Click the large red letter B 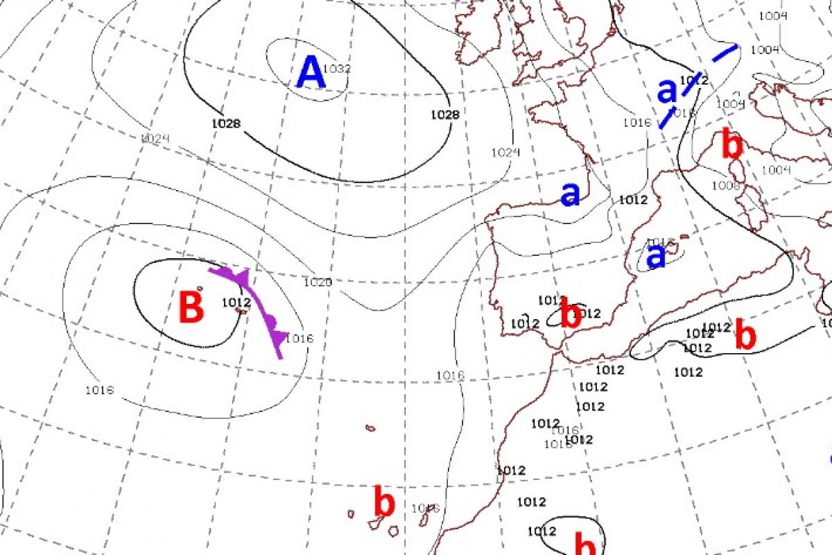pyautogui.click(x=191, y=307)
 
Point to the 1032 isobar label pyautogui.click(x=338, y=69)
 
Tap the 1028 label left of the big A pyautogui.click(x=227, y=123)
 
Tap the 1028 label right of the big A pyautogui.click(x=444, y=114)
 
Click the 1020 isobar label pyautogui.click(x=318, y=282)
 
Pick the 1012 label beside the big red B pyautogui.click(x=236, y=302)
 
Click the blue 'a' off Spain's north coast pyautogui.click(x=570, y=195)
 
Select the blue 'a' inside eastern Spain pyautogui.click(x=655, y=256)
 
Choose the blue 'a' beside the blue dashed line pyautogui.click(x=666, y=90)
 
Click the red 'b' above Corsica pyautogui.click(x=732, y=145)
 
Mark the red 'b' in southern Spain pyautogui.click(x=570, y=315)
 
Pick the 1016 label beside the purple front pyautogui.click(x=300, y=339)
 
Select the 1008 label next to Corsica pyautogui.click(x=726, y=185)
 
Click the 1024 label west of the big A pyautogui.click(x=155, y=139)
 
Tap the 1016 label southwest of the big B pyautogui.click(x=99, y=389)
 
